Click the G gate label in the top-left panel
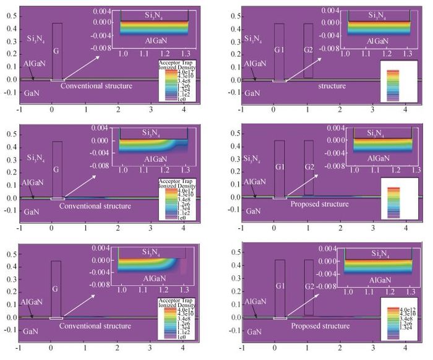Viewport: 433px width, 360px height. click(56, 50)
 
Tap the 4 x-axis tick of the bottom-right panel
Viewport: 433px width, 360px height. click(405, 349)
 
